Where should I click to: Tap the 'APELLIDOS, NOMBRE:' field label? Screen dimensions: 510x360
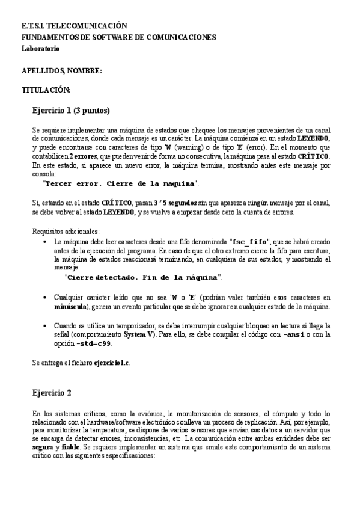click(x=61, y=71)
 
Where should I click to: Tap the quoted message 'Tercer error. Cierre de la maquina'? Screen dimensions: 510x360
click(x=120, y=183)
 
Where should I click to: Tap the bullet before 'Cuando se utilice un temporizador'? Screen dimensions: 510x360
click(x=46, y=326)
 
